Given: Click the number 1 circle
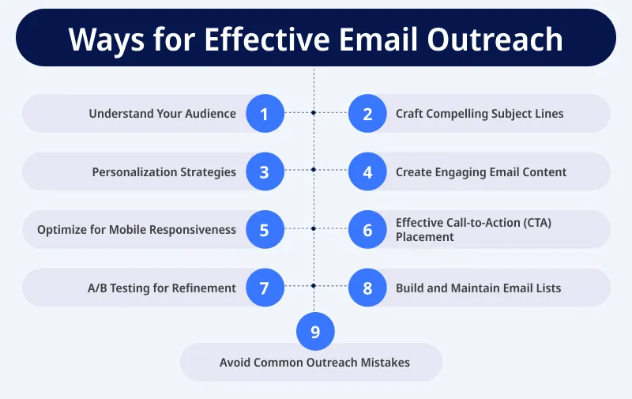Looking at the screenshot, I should (265, 114).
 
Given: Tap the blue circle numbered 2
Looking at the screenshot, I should (367, 114).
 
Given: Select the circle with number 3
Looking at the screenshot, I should (265, 172).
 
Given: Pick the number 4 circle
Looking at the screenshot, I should (367, 172).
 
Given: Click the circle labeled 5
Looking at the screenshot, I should (265, 230).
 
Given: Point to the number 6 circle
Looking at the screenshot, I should (367, 230).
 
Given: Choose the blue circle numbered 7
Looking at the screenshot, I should (265, 288).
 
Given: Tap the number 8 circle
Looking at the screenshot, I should (367, 288).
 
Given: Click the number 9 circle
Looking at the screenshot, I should (315, 332).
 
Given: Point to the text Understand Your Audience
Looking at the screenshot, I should (162, 114).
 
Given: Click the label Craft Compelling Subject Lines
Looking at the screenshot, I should (480, 114).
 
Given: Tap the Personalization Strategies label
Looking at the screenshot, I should (164, 172).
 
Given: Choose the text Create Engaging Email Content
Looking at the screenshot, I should (481, 172).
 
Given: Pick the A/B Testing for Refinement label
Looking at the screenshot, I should (162, 288).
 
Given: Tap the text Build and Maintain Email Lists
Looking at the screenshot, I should (478, 288).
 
